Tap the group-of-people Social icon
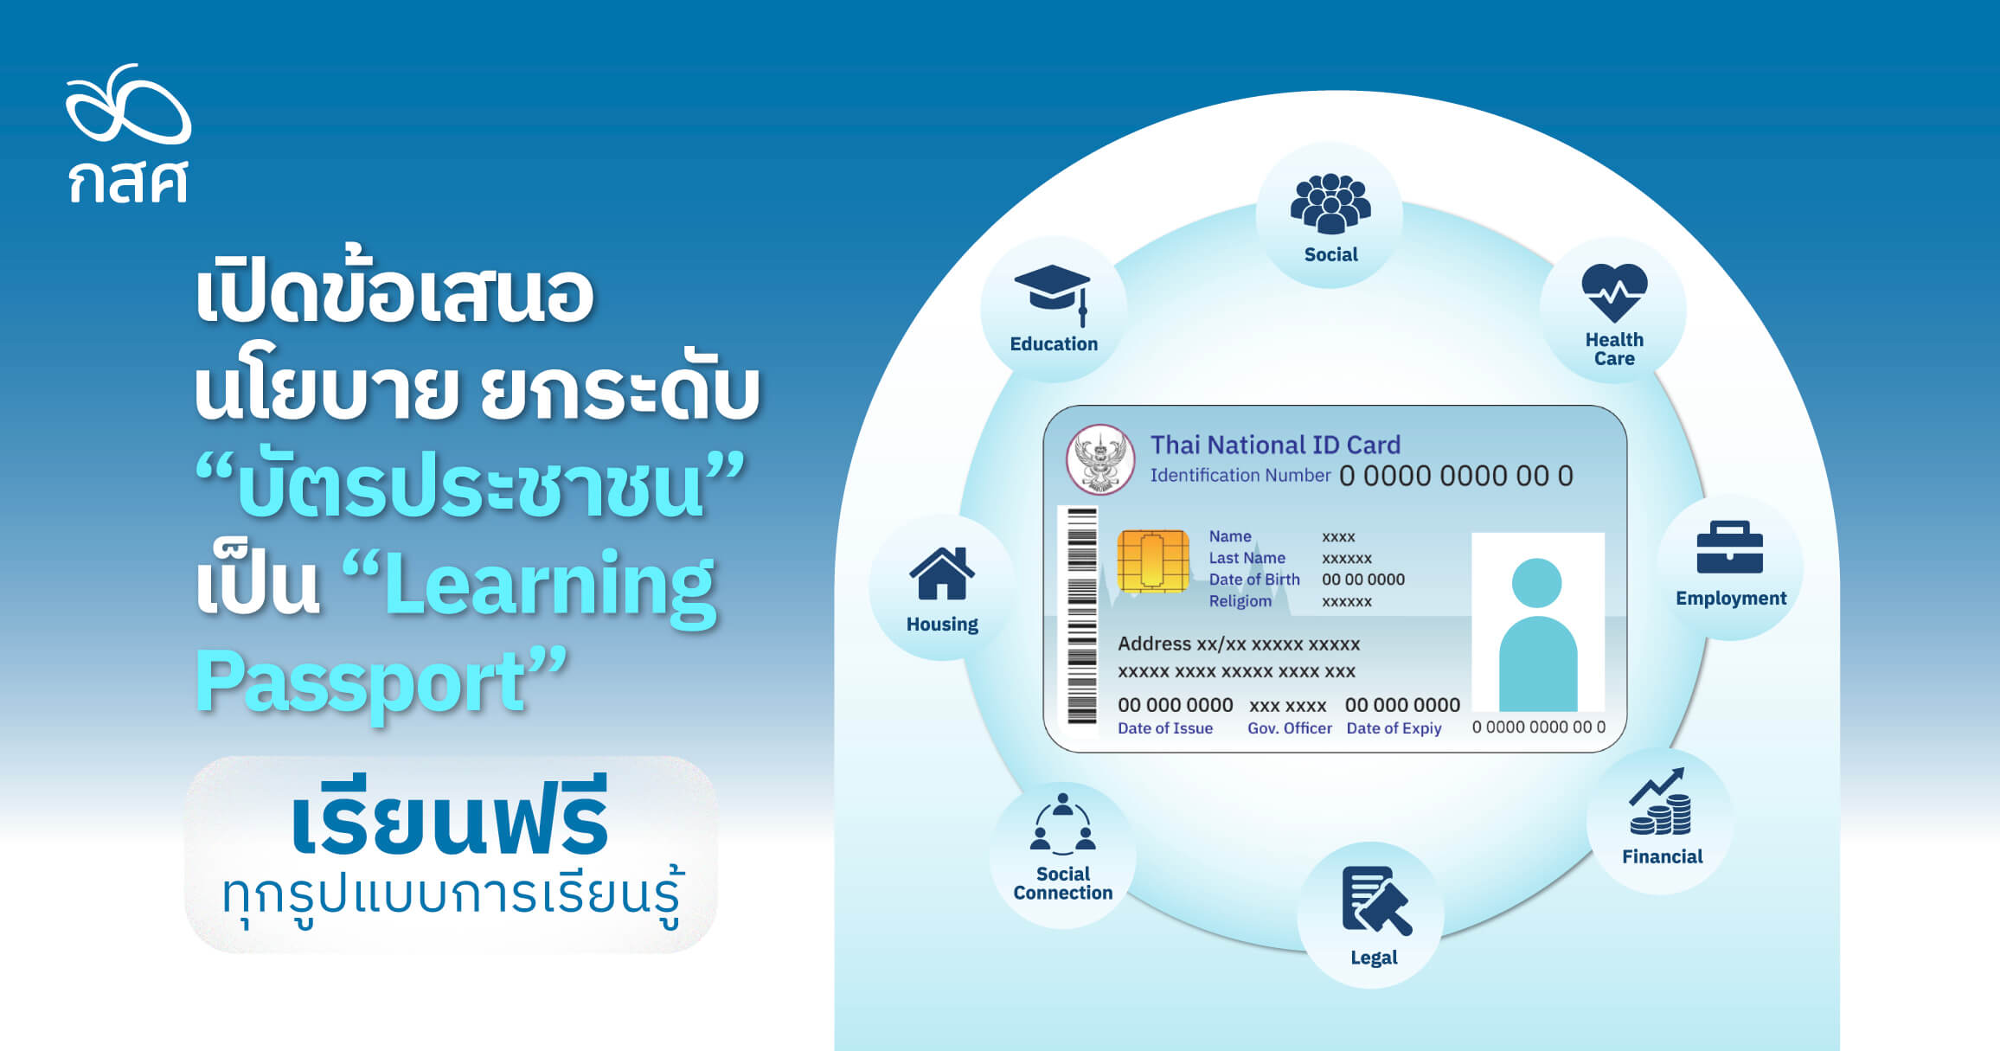coord(1330,204)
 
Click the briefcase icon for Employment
coord(1729,548)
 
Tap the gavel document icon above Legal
coord(1375,901)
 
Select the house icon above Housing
coord(941,574)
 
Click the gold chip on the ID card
coord(1152,561)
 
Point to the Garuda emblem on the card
coord(1099,458)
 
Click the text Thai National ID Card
coord(1275,445)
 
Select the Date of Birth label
coord(1254,580)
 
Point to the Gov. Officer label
coord(1289,728)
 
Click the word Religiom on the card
coord(1240,601)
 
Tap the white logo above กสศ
coord(128,105)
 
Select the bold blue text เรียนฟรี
coord(450,817)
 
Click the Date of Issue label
coord(1164,728)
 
